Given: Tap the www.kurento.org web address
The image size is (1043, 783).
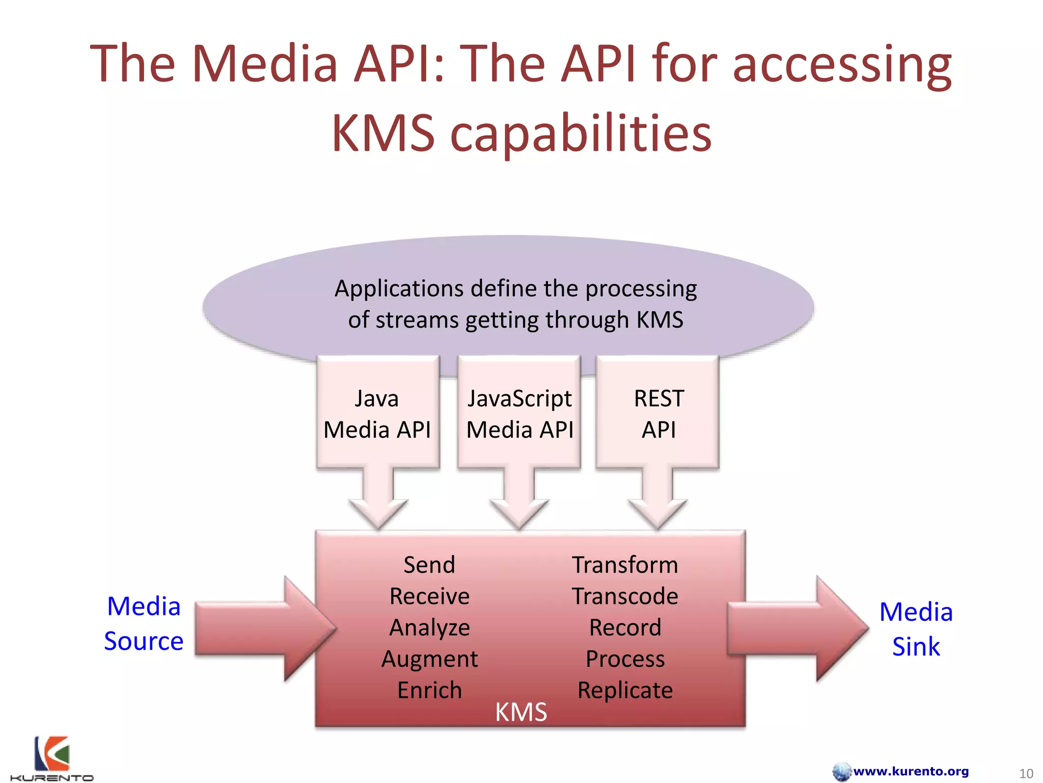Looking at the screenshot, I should (x=911, y=771).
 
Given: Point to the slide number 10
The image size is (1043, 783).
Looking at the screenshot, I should (x=1026, y=773).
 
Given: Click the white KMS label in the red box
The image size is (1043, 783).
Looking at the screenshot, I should (x=521, y=712).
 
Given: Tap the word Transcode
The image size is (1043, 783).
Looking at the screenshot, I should (x=625, y=596).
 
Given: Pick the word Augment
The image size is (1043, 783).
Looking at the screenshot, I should (x=429, y=659).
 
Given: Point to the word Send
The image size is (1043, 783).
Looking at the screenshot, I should (x=429, y=565).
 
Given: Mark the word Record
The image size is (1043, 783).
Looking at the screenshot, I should (x=625, y=628).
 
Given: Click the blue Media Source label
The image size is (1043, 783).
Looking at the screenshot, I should (x=144, y=623).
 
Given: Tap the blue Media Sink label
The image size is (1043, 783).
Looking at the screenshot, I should (x=916, y=629).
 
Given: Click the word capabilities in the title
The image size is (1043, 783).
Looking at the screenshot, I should (x=581, y=134).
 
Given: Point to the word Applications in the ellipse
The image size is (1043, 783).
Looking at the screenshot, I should (x=399, y=289).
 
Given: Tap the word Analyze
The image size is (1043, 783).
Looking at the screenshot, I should (x=429, y=628).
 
